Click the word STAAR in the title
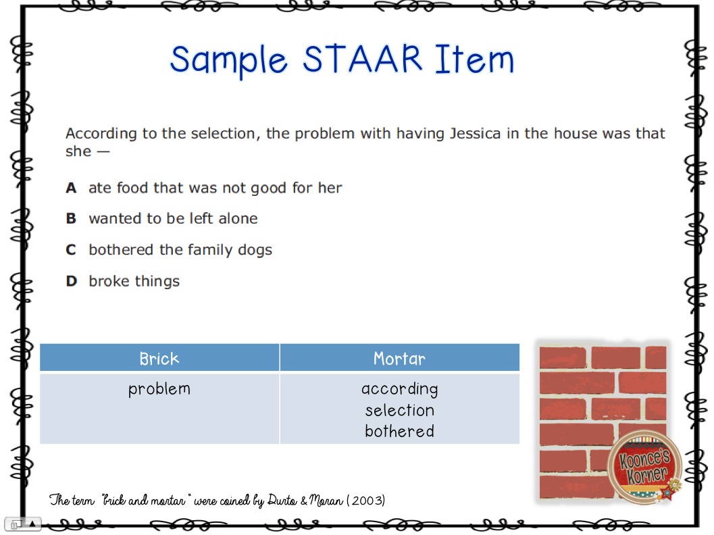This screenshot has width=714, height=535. point(363,59)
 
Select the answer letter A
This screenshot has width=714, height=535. point(71,188)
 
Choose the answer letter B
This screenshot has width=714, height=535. point(71,219)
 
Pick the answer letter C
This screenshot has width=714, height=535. point(71,250)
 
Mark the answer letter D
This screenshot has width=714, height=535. point(71,281)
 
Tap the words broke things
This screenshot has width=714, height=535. point(134,281)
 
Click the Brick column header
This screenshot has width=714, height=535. point(159,359)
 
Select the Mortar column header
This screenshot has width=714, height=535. point(399,359)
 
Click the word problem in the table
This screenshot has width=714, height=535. point(159,389)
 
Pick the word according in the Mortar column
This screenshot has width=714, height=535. point(399,389)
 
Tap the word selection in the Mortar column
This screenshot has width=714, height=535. point(399,410)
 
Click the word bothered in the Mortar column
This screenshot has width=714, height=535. point(399,431)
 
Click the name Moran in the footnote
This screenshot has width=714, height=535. point(324,501)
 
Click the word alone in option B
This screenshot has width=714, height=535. point(236,219)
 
